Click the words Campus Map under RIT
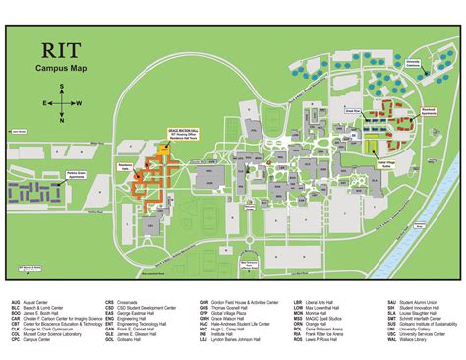point(64,70)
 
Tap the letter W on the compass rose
point(79,102)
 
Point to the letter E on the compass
point(44,102)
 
